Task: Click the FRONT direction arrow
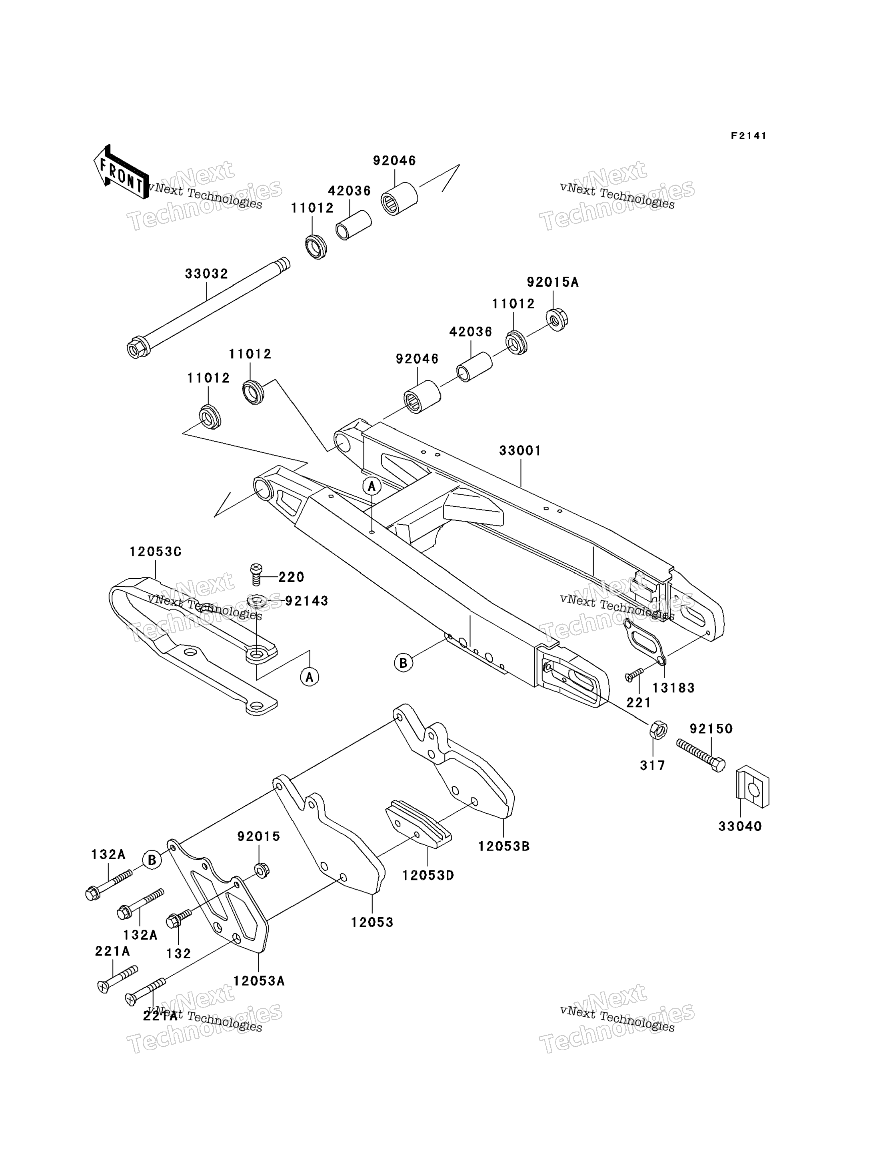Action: [x=121, y=172]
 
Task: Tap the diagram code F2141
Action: [x=749, y=136]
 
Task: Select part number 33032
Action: [x=207, y=274]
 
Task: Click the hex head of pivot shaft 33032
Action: [x=136, y=348]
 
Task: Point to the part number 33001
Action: [x=521, y=451]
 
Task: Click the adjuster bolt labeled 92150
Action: [x=701, y=754]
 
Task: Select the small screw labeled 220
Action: [x=256, y=575]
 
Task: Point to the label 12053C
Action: [x=156, y=552]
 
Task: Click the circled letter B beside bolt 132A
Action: [x=152, y=860]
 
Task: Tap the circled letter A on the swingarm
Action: [x=372, y=487]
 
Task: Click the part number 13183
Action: [x=674, y=688]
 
